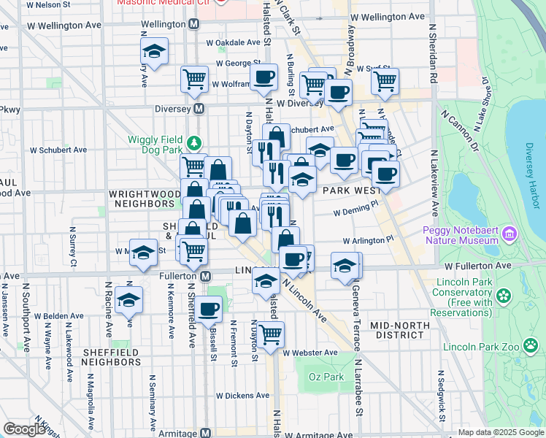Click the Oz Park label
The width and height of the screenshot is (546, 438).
[326, 377]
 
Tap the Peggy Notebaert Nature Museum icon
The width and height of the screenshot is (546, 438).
[509, 236]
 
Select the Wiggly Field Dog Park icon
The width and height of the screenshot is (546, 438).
[193, 142]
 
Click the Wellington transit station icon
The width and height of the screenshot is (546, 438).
[193, 24]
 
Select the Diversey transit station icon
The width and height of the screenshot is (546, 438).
[197, 109]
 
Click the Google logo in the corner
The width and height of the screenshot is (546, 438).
[24, 429]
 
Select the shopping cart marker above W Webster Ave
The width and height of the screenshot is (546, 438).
[270, 334]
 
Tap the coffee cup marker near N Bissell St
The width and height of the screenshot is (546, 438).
[208, 309]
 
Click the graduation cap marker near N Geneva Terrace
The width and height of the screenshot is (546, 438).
[345, 265]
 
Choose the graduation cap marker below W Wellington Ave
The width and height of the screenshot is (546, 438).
[154, 51]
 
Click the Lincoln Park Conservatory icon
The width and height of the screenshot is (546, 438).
[502, 296]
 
